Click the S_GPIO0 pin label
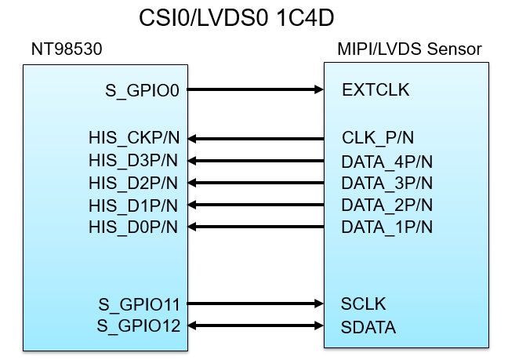click(x=143, y=90)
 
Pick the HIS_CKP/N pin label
click(x=134, y=139)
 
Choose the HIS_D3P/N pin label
click(x=134, y=162)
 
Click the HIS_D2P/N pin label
click(x=134, y=184)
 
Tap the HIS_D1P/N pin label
click(x=134, y=205)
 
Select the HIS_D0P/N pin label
click(x=134, y=227)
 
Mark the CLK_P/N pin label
click(x=378, y=139)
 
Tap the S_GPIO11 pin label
click(x=139, y=304)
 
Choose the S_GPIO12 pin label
click(x=139, y=325)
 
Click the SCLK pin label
click(x=364, y=304)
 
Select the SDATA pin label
click(x=368, y=326)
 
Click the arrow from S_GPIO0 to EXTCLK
click(x=256, y=89)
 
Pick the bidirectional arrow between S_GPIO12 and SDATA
click(x=256, y=325)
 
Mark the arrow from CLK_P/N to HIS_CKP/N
click(x=256, y=139)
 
